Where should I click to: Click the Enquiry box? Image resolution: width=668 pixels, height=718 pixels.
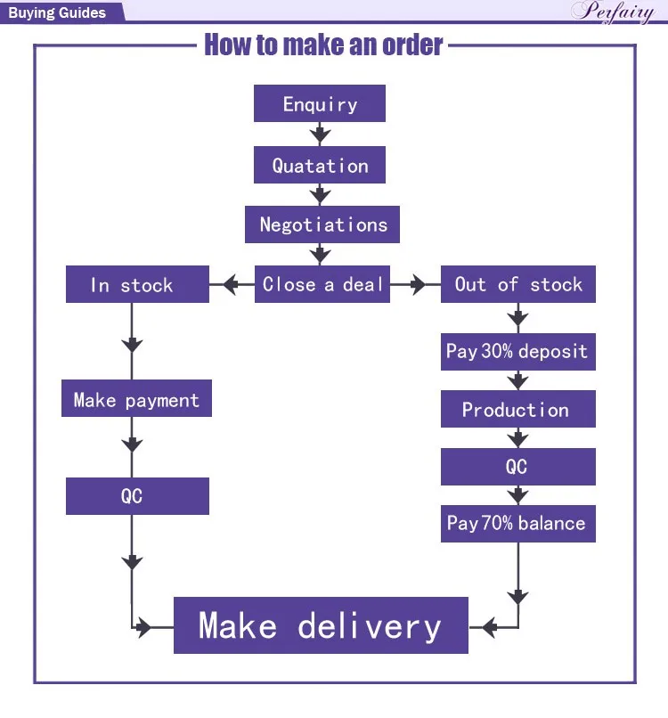[320, 103]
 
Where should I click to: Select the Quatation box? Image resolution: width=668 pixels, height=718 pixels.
[320, 165]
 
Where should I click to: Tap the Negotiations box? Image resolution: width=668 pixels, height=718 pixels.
[322, 224]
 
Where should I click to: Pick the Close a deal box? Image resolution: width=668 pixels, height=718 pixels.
[322, 285]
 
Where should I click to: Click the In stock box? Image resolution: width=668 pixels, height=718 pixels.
[137, 285]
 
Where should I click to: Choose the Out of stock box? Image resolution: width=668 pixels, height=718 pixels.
[518, 285]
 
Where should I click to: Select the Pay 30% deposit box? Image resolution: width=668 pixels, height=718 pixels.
[517, 351]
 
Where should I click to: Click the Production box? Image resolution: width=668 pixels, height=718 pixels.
[517, 410]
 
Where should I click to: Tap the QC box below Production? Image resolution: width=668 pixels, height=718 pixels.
[517, 467]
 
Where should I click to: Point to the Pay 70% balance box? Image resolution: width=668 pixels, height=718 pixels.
[517, 524]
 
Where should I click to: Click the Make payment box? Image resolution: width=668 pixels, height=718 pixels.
[136, 400]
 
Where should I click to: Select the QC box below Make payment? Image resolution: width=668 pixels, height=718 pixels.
[136, 496]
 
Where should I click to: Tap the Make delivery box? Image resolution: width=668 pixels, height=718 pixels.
[321, 625]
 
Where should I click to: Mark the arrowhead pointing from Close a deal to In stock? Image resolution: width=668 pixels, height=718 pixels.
[230, 285]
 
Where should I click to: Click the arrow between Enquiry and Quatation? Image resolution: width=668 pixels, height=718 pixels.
[320, 134]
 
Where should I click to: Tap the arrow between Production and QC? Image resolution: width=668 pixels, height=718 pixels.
[517, 438]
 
